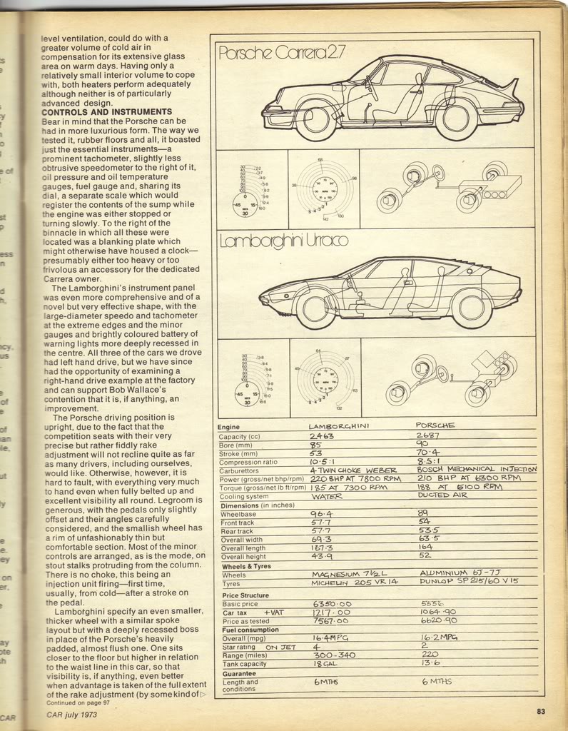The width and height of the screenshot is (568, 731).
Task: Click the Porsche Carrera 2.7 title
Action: point(266,53)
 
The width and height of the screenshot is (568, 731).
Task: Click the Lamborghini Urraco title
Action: point(283,241)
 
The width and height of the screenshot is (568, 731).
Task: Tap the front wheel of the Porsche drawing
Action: point(315,118)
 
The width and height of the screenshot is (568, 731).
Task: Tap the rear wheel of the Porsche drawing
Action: point(455,118)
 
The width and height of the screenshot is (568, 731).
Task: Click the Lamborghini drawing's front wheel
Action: point(315,308)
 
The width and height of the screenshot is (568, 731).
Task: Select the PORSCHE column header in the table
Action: point(436,425)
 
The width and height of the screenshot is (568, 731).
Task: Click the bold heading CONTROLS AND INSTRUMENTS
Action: point(107,112)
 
